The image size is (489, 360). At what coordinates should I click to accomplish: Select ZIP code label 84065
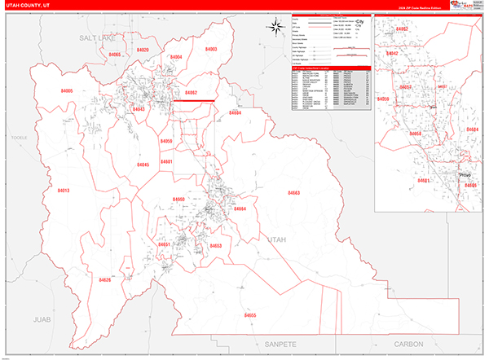pos(114,54)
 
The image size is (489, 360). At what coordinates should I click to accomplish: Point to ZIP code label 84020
pos(143,50)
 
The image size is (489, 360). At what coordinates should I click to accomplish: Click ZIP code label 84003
pos(211,50)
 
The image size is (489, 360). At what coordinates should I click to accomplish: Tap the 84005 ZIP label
pos(67,91)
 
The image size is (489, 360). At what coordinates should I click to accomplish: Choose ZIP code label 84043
pos(139,108)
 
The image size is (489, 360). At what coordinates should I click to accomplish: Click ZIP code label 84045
pos(143,165)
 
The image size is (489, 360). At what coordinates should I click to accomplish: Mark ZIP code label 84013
pos(64,191)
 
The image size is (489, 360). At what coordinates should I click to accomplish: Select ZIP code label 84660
pos(178,200)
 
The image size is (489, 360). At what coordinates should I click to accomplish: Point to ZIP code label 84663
pos(293,192)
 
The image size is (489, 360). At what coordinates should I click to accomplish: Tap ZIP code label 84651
pos(164,244)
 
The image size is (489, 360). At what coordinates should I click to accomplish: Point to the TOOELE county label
pos(20,138)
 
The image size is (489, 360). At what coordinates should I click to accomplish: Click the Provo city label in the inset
pos(465,175)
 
